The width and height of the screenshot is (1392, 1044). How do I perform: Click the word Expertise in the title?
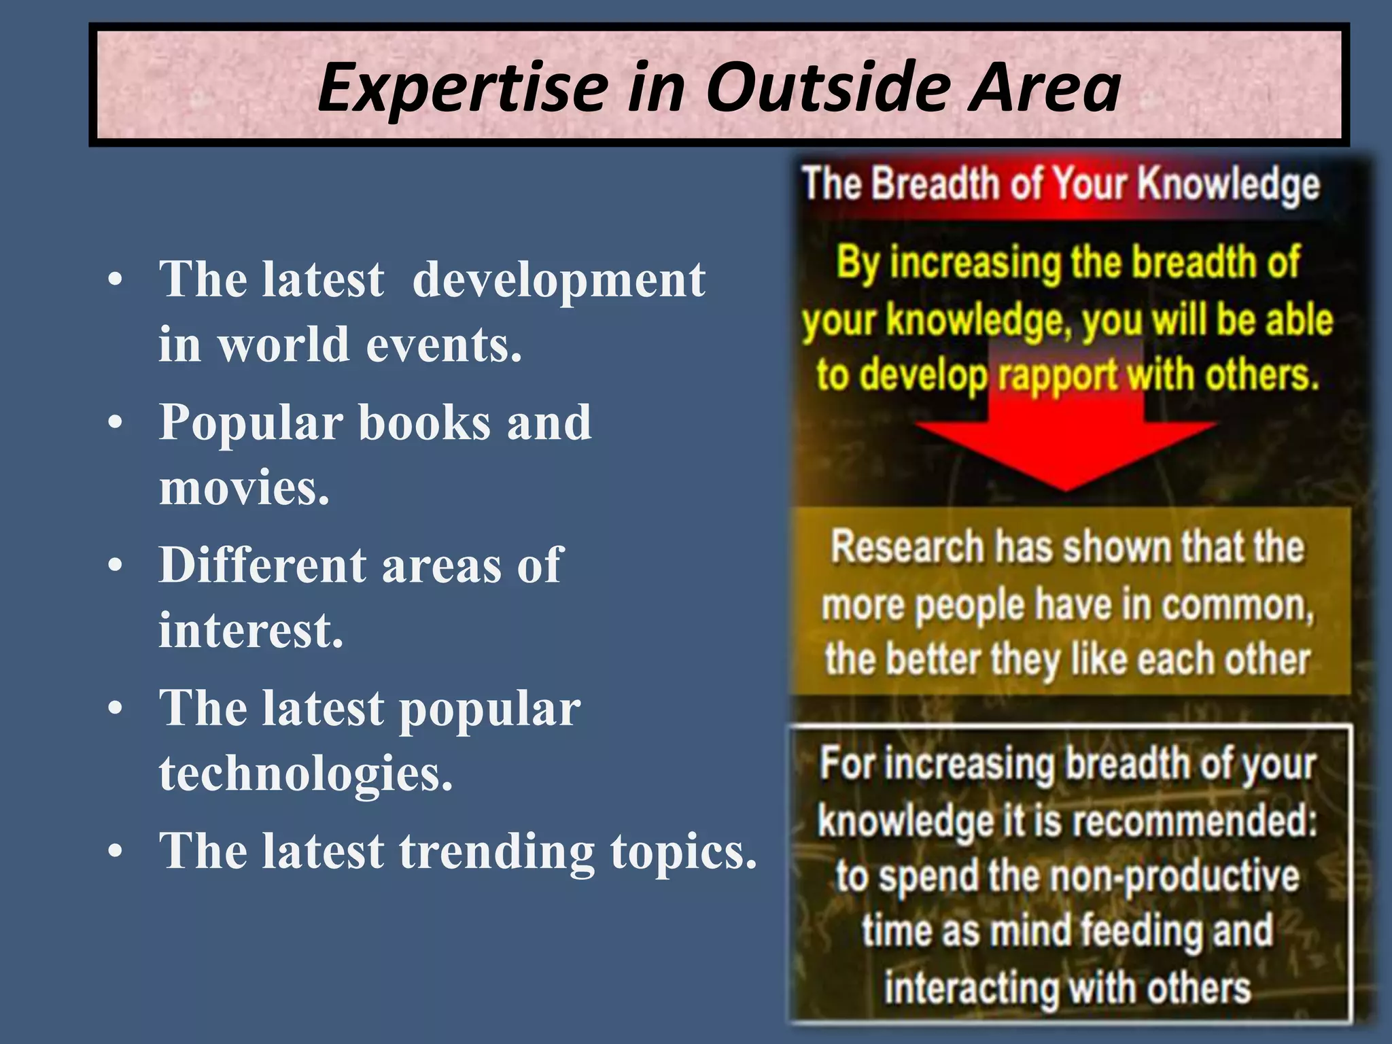coord(462,88)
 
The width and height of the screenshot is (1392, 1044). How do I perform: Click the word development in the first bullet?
coord(559,280)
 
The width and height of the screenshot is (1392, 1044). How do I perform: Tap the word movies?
coord(244,488)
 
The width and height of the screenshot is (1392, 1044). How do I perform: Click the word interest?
coord(251,630)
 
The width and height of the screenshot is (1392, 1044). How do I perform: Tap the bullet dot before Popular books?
coord(116,423)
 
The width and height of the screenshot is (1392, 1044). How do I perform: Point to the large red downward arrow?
coord(1066,442)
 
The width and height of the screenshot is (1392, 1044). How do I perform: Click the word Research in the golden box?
coord(907,547)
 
